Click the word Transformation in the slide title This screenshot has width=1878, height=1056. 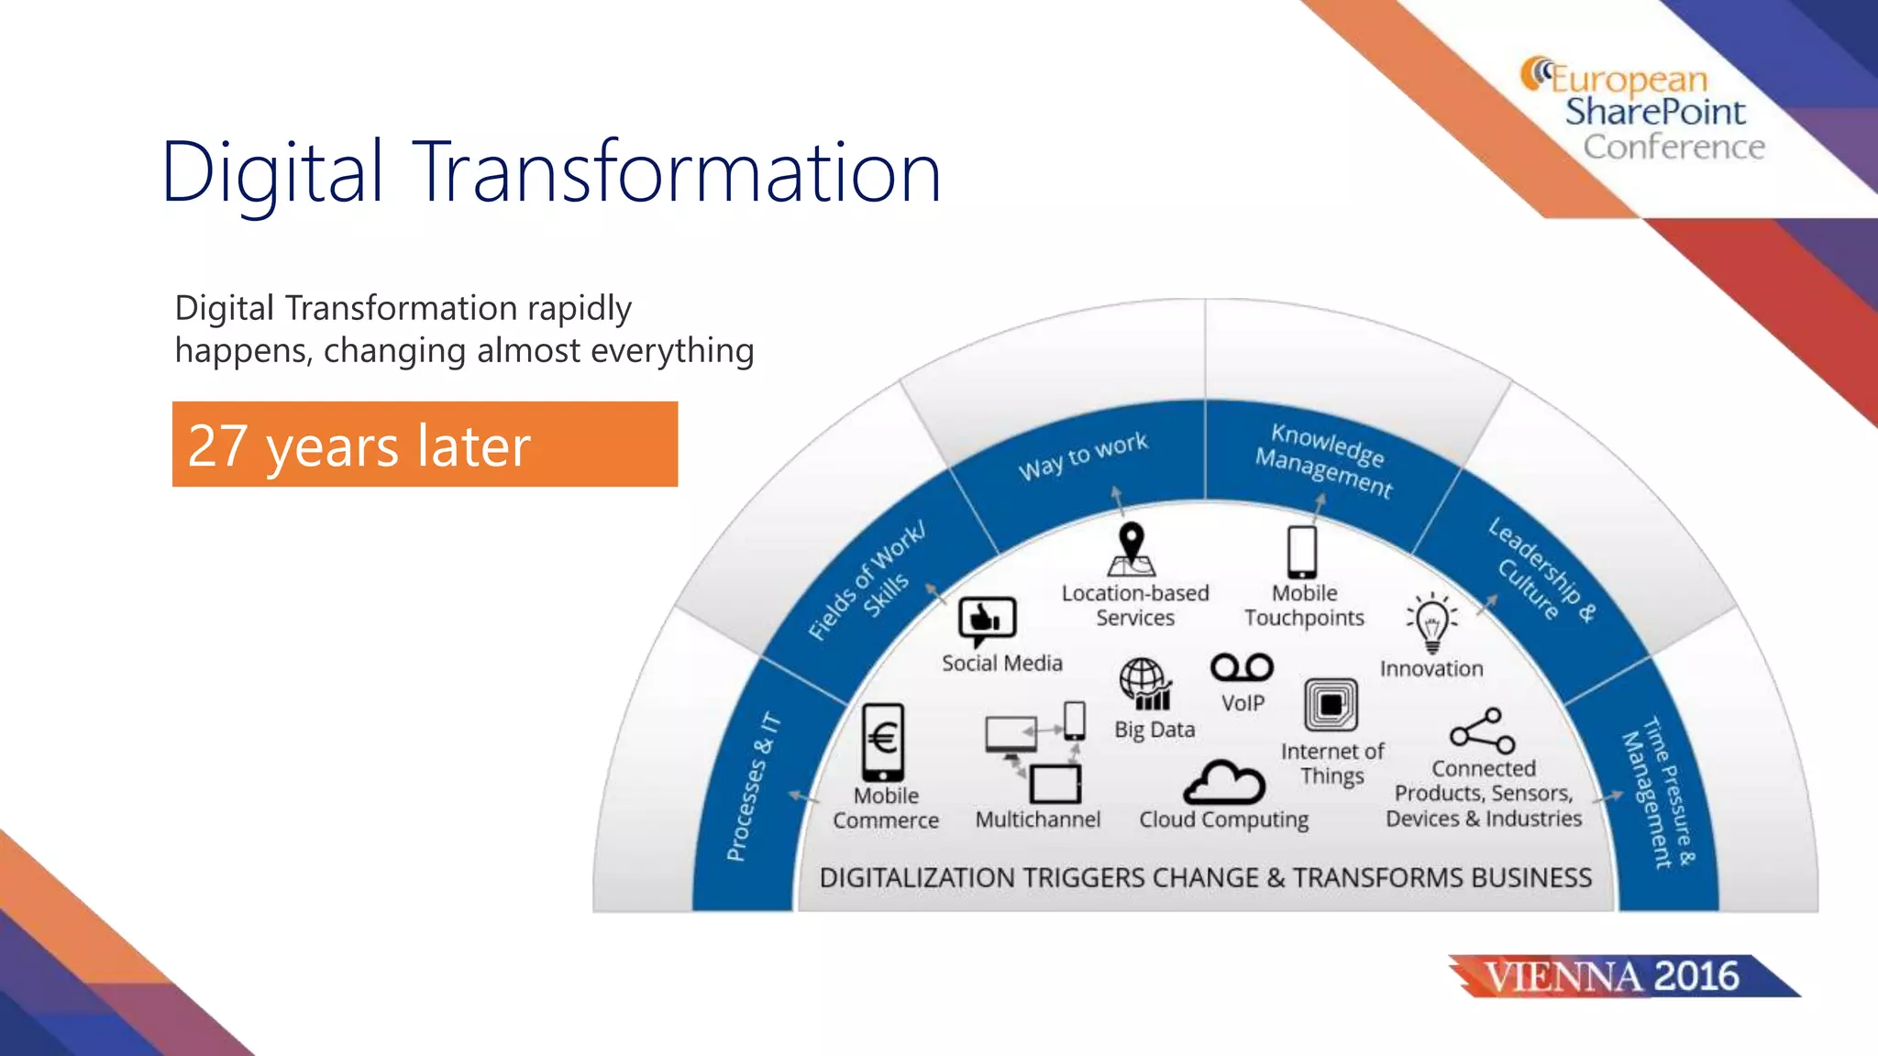click(679, 172)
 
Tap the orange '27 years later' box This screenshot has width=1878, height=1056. click(425, 445)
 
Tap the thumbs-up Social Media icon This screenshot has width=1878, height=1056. click(988, 621)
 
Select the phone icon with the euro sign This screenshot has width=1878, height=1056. click(883, 741)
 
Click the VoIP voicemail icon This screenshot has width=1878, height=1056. click(1242, 667)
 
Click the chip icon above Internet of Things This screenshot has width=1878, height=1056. click(1331, 705)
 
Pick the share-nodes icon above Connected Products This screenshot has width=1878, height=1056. click(1482, 731)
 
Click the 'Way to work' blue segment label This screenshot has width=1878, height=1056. click(1083, 456)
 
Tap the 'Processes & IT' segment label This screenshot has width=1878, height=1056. click(753, 786)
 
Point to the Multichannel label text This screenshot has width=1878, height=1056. click(1037, 819)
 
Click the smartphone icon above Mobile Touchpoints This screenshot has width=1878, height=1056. click(1302, 551)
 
